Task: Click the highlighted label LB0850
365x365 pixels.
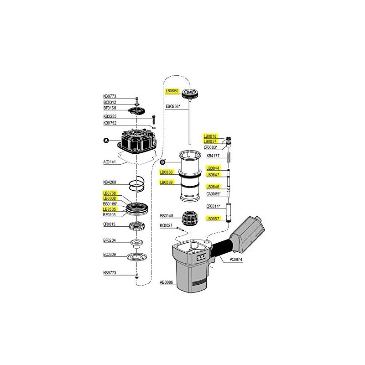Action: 172,91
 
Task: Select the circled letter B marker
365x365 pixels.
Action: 163,162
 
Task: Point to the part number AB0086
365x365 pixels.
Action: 167,282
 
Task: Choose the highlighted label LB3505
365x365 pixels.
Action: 110,209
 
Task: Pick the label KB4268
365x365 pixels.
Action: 110,182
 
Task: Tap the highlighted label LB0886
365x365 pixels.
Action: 167,172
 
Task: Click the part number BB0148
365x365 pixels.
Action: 167,216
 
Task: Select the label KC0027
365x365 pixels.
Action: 167,225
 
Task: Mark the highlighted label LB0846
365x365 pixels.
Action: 214,187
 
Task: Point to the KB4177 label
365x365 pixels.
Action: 214,156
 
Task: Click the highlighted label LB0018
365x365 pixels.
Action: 211,136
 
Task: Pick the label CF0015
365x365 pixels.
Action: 110,224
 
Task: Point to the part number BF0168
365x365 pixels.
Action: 110,108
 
